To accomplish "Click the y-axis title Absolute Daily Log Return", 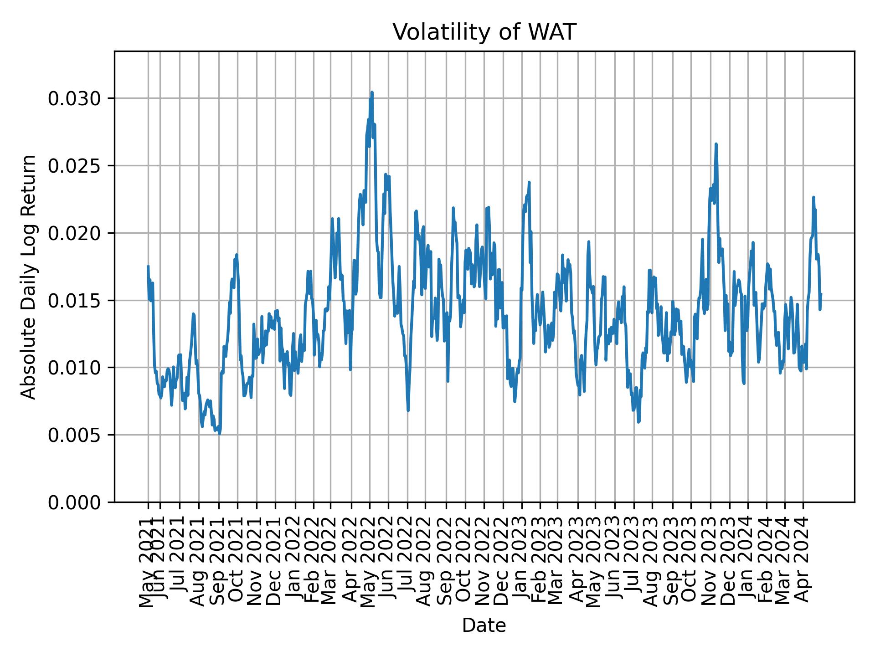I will pos(29,277).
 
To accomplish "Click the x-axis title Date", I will pos(484,626).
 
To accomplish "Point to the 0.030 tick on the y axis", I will pos(75,98).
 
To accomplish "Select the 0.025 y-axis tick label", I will pos(75,166).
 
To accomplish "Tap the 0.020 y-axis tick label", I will pos(75,233).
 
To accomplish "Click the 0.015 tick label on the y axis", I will pos(75,300).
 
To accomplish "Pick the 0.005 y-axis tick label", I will pos(75,435).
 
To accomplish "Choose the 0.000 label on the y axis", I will pos(75,502).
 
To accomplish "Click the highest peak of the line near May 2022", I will pos(372,92).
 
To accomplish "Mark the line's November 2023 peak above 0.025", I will pos(716,144).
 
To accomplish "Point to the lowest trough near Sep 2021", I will pos(220,434).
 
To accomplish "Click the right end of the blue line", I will pos(821,294).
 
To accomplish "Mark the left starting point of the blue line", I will pos(148,266).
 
